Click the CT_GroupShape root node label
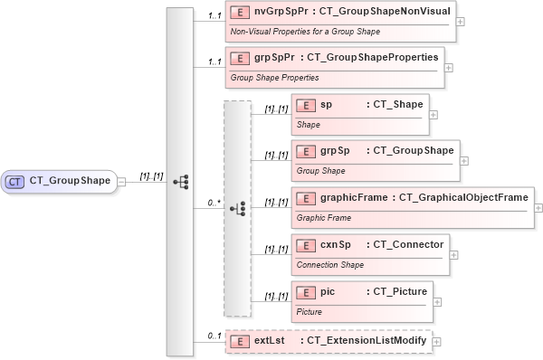[x=70, y=181]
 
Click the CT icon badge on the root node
[x=15, y=181]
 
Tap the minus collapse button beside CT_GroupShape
[x=121, y=181]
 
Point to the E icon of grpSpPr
[x=240, y=59]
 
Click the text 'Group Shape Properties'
[x=274, y=78]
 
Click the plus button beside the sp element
[x=433, y=115]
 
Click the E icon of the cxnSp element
[x=306, y=245]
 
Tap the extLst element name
[x=270, y=340]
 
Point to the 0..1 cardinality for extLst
[x=214, y=336]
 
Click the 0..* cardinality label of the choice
[x=214, y=203]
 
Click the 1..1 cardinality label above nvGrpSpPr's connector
[x=214, y=15]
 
